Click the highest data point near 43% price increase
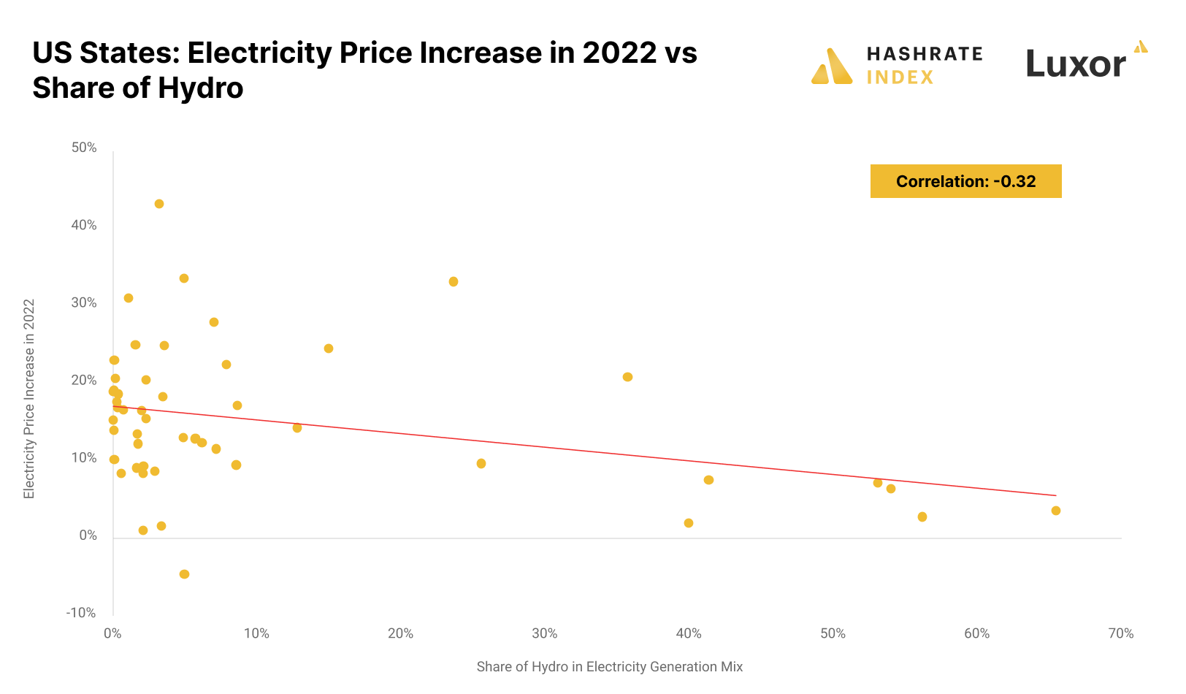pos(159,204)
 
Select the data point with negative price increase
pos(184,574)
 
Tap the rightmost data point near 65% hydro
pos(1055,511)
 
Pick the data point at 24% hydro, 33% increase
pos(454,282)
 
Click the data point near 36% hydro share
pos(627,377)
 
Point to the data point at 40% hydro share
pos(689,523)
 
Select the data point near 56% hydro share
pos(922,517)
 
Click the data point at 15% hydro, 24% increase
pos(329,348)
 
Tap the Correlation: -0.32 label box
pos(965,181)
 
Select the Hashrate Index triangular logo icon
pos(831,67)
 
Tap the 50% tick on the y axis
pos(84,148)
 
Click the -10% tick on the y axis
pos(81,613)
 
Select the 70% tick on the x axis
pos(1121,633)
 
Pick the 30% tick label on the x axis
pos(545,633)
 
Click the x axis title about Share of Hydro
pos(609,666)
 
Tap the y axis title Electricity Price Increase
pos(29,399)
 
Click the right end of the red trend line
pos(1055,495)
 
